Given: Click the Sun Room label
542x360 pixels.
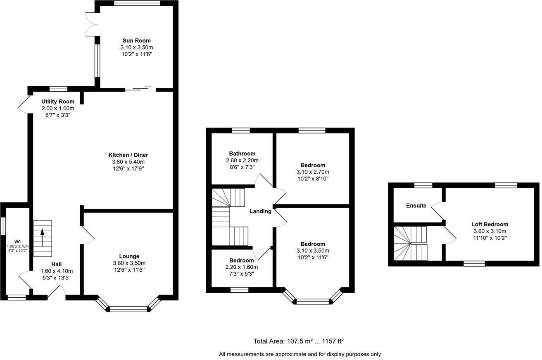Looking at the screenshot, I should point(136,40).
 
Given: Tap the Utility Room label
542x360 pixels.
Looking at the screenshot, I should point(58,102).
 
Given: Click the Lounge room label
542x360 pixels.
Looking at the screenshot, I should point(129,256).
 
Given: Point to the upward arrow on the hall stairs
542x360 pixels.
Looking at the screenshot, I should point(42,238).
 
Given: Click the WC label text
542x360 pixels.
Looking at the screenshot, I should point(17,242).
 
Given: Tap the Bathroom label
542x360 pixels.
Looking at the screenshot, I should point(242,154).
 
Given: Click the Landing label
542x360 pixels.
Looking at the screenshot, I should point(260,211).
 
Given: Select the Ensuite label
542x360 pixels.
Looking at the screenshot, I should point(416,206).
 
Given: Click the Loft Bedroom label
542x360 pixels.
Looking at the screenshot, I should point(490,225).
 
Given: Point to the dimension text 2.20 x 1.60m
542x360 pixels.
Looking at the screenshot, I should point(242,267).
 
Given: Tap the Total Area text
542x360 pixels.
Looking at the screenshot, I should point(299,341).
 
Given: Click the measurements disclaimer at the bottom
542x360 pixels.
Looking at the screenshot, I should point(300,354).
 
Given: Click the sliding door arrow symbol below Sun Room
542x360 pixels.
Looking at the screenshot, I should point(148,86).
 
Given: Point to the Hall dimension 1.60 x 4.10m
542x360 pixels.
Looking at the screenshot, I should point(57,271).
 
